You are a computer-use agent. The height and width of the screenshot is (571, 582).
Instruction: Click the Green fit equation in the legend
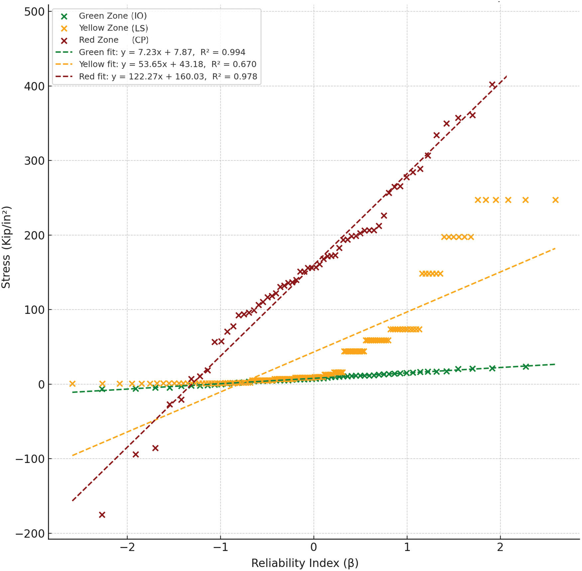(x=162, y=52)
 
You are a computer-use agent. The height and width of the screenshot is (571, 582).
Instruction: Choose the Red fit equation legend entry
(x=168, y=77)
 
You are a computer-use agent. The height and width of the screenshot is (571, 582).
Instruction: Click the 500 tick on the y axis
(x=35, y=12)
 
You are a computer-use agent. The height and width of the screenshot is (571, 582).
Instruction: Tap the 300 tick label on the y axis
(x=35, y=161)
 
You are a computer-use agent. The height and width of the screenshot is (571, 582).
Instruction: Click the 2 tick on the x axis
(x=500, y=547)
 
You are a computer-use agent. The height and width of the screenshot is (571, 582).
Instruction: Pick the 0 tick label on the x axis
(x=313, y=547)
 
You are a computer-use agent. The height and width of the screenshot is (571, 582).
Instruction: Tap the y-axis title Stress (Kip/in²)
(x=6, y=247)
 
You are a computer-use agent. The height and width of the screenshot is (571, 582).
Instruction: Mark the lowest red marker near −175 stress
(x=102, y=515)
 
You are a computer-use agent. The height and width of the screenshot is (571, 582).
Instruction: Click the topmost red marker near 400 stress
(x=492, y=85)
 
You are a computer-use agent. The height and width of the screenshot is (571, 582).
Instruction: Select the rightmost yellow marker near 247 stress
(x=555, y=200)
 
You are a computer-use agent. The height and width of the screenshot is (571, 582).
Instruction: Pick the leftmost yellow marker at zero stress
(x=72, y=384)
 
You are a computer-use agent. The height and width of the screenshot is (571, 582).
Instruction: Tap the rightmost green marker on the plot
(x=525, y=366)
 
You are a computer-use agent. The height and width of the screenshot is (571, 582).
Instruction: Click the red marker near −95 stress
(x=136, y=454)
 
